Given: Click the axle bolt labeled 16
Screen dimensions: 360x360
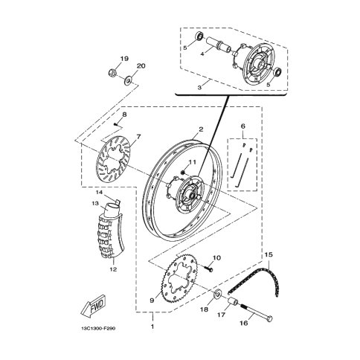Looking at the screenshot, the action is pyautogui.click(x=256, y=312).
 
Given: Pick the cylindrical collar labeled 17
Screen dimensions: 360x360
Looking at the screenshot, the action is pyautogui.click(x=234, y=302).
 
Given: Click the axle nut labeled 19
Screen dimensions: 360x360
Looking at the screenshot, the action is pyautogui.click(x=112, y=73).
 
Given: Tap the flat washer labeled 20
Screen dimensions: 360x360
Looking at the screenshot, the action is pyautogui.click(x=128, y=80).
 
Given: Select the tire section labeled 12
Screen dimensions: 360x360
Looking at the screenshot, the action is pyautogui.click(x=109, y=234).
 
